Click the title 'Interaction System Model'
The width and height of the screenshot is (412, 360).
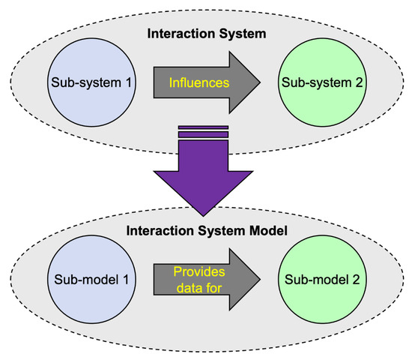coord(205,229)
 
